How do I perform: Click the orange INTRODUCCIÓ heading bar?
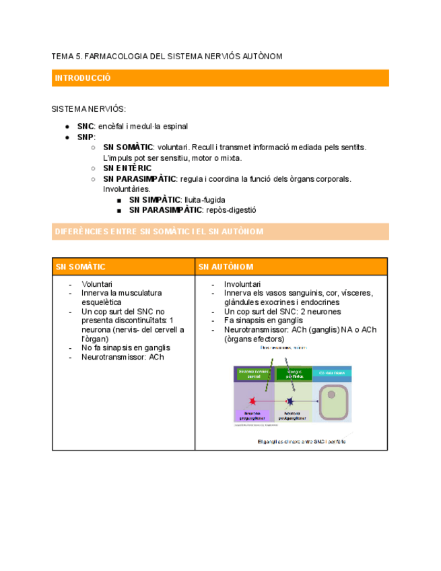[x=220, y=78]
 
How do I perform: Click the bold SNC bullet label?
[x=85, y=126]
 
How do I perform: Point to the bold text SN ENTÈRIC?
[x=127, y=168]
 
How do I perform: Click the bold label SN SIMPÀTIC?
[x=154, y=200]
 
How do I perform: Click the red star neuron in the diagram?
[x=252, y=401]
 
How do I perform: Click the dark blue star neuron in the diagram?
[x=290, y=401]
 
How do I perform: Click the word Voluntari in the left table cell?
[x=97, y=285]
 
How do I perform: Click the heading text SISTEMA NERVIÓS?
[x=88, y=108]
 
